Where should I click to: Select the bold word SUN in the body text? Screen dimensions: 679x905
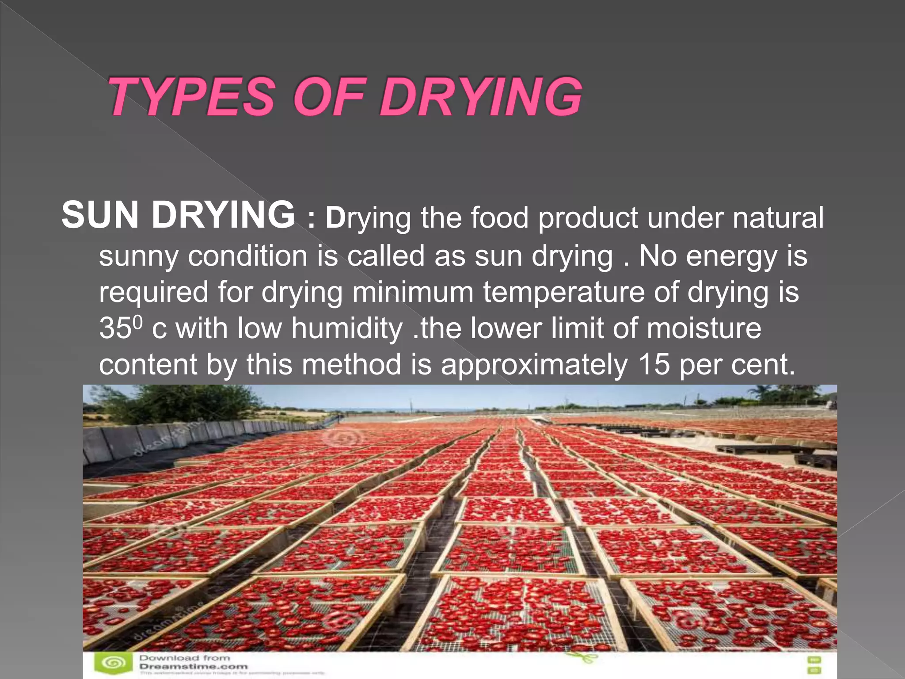coord(100,215)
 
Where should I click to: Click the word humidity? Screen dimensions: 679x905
coord(346,328)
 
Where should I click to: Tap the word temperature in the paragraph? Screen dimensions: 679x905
coord(563,292)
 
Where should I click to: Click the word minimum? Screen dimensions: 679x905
coord(413,292)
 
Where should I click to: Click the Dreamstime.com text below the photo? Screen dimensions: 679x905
coord(194,666)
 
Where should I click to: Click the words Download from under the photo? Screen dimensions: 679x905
coord(185,658)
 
